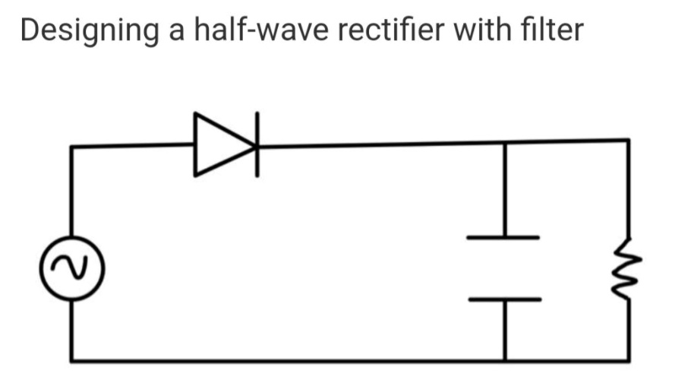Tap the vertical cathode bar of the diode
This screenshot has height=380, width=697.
coord(257,144)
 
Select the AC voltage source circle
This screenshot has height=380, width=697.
coord(72,266)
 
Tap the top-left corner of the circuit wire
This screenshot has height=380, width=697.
coord(72,147)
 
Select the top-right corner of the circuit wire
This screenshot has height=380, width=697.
coord(627,141)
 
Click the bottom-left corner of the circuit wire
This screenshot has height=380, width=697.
coord(72,359)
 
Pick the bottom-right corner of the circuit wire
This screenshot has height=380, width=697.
coord(627,359)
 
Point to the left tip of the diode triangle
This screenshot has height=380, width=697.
coord(196,145)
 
